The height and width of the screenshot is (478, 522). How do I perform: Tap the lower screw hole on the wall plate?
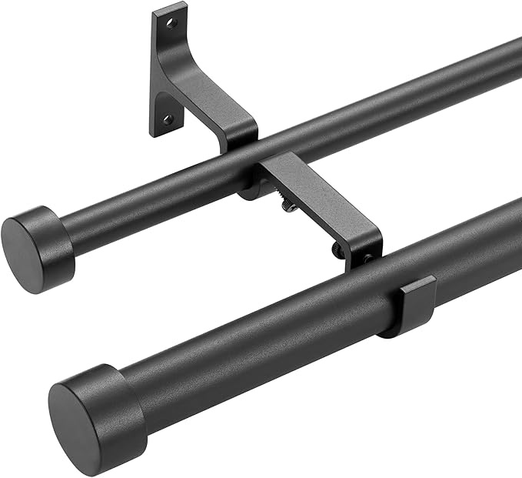(166, 119)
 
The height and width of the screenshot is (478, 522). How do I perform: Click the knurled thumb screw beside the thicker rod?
(338, 250)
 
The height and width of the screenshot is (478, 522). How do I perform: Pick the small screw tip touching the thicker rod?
(367, 260)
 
